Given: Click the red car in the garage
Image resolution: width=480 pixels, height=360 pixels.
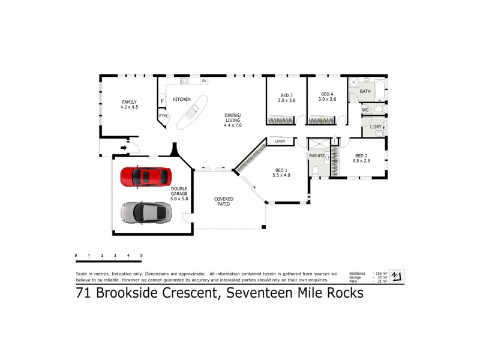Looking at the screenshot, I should click(146, 176).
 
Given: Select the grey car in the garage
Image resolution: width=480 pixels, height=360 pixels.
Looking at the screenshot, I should click(146, 211).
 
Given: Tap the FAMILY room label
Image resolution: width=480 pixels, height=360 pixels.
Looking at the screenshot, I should click(129, 104).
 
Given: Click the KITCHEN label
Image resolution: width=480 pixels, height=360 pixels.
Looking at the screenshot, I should click(182, 99).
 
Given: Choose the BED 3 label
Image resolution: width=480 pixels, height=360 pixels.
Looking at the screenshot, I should click(286, 97).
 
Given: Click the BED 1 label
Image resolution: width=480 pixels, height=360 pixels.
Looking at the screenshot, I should click(281, 172).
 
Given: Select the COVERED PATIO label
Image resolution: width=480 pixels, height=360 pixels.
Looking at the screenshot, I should click(224, 202).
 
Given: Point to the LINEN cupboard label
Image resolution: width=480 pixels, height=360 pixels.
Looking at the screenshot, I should click(280, 142).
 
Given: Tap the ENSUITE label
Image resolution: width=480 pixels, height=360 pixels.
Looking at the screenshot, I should click(317, 155).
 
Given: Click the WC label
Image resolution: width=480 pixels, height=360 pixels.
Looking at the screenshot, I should click(365, 110).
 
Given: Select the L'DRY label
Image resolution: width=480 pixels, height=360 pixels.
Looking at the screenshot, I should click(376, 127).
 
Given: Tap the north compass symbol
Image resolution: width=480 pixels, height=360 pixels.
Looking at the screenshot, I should click(397, 276).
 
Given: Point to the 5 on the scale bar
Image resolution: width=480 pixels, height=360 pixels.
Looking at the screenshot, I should click(141, 256).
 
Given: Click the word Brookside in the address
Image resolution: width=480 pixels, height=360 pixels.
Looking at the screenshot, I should click(139, 293).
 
